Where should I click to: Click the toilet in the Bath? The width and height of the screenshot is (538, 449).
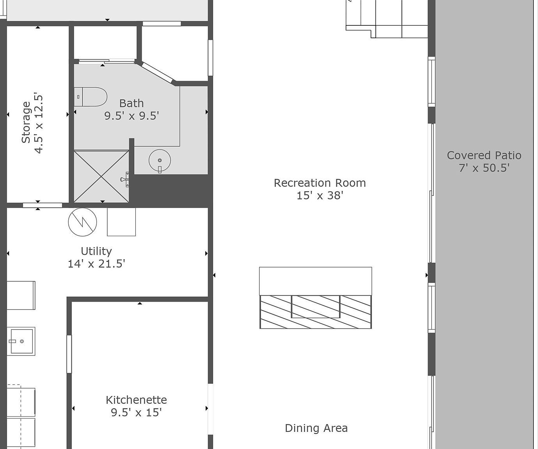(x=91, y=97)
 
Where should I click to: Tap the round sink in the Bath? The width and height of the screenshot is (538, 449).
(x=160, y=160)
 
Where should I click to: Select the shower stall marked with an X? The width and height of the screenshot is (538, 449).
(x=101, y=176)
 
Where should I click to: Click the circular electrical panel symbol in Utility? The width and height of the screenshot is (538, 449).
(x=82, y=222)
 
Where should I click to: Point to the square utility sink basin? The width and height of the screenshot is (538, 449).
(x=21, y=341)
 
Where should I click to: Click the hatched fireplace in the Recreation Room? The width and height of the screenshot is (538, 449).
(x=316, y=311)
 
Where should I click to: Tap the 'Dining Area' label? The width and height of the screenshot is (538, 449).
(x=316, y=428)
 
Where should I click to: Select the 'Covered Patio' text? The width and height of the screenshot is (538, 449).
(x=484, y=155)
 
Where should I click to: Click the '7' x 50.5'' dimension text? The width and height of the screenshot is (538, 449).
(x=484, y=168)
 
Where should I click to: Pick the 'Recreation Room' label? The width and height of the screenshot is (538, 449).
(x=320, y=183)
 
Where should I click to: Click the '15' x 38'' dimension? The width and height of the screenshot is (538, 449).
(x=320, y=195)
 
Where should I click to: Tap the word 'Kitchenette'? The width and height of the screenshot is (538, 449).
(x=136, y=400)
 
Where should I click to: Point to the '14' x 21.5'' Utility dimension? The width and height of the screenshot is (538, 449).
(x=96, y=264)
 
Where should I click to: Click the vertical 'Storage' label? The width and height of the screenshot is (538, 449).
(x=26, y=122)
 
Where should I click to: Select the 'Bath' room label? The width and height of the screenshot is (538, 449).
(x=131, y=103)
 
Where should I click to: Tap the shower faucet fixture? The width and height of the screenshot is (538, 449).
(x=125, y=179)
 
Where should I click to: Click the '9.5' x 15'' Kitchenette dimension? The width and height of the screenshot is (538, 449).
(x=136, y=412)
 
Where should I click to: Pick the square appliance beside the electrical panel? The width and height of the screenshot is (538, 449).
(x=121, y=222)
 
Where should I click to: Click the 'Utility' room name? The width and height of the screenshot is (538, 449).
(x=96, y=251)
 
